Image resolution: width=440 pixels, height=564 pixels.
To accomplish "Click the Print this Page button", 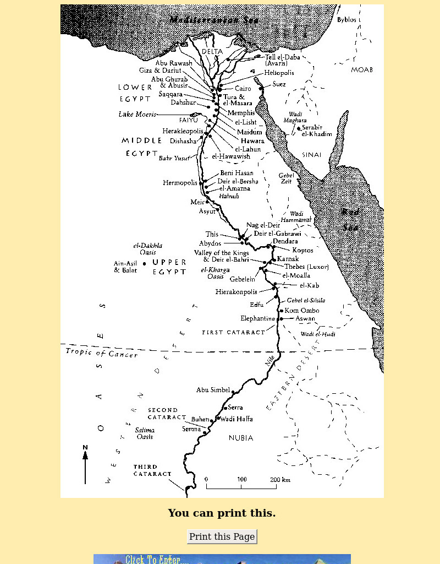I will [x=222, y=536].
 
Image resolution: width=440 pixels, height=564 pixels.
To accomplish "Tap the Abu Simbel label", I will [x=213, y=390].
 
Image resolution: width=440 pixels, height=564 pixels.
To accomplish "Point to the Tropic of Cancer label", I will [x=102, y=353].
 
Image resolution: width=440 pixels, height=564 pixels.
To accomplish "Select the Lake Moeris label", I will [x=137, y=115].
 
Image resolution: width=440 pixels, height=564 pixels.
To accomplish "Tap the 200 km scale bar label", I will [x=280, y=480].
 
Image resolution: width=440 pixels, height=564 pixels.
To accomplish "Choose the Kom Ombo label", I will [x=301, y=311].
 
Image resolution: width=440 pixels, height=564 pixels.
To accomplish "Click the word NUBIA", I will [x=241, y=438].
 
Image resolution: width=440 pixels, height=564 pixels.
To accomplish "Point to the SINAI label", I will [x=311, y=155].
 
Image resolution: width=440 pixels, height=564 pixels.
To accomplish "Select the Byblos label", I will [x=346, y=20].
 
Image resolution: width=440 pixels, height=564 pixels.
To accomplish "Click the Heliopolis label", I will [x=279, y=73].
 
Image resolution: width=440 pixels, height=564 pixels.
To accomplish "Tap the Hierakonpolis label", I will [x=236, y=292].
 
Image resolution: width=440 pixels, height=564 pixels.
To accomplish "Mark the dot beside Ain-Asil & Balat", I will [x=145, y=264].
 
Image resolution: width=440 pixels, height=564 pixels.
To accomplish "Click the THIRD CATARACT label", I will [x=152, y=470].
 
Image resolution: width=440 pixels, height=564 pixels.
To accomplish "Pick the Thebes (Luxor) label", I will [x=306, y=267].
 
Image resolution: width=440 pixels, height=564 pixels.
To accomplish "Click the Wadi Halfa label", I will [x=237, y=419].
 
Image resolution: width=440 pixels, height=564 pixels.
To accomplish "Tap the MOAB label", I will [x=362, y=70].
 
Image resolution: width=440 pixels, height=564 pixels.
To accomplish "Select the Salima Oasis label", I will [x=145, y=433].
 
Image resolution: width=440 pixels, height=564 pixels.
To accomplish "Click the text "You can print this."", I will [x=222, y=513].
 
